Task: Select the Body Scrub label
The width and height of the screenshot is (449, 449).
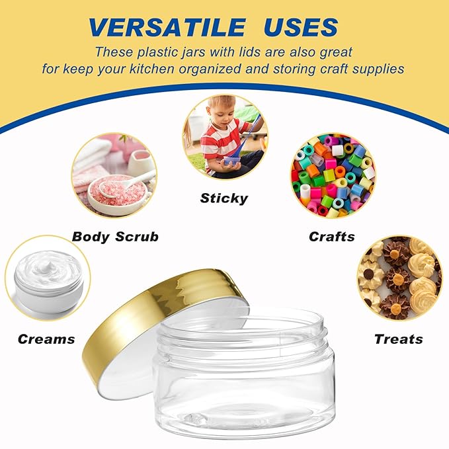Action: [x=115, y=236]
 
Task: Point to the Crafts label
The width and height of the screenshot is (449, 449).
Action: [x=332, y=236]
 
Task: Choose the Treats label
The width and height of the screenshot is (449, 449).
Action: [x=398, y=339]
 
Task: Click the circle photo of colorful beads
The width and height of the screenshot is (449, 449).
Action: [x=333, y=175]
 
